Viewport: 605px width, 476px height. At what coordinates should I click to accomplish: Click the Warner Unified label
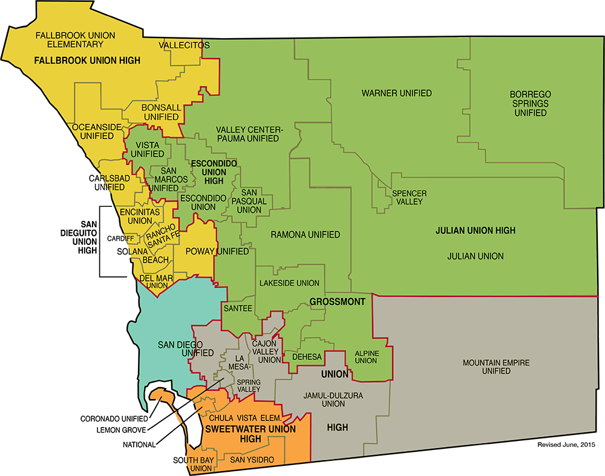click(396, 93)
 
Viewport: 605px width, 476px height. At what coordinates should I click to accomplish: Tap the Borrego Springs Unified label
click(530, 103)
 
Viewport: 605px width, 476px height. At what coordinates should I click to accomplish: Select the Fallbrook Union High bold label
click(87, 60)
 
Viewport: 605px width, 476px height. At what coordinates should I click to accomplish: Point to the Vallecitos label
click(184, 45)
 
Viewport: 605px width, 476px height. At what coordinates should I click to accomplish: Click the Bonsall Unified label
click(160, 112)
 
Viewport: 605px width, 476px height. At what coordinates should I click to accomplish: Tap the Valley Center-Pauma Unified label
click(247, 134)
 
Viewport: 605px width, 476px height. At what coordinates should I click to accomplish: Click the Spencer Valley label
click(409, 197)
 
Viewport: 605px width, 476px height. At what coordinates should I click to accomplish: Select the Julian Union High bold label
click(475, 230)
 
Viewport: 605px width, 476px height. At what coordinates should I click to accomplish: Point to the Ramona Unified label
click(305, 235)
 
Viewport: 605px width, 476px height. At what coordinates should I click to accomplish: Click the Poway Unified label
click(209, 251)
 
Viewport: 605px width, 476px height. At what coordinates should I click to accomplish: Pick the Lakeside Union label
click(289, 283)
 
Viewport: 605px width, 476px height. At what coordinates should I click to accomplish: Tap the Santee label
click(237, 308)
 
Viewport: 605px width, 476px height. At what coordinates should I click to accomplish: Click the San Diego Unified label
click(186, 349)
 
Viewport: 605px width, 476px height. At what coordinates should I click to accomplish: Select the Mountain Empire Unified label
click(496, 367)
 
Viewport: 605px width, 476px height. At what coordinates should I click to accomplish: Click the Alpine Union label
click(365, 357)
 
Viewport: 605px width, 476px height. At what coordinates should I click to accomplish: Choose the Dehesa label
click(307, 357)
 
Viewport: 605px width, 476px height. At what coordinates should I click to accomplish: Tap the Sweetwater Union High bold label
click(250, 434)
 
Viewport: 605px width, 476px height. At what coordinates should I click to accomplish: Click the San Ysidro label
click(252, 460)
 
